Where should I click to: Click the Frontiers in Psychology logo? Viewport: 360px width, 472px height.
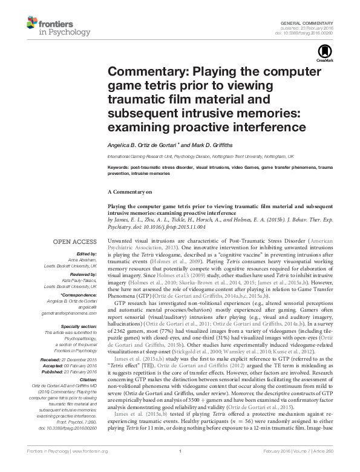point(51,26)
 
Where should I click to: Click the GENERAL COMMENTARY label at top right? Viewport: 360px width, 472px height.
point(313,22)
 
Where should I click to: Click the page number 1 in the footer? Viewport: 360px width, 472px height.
point(180,466)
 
